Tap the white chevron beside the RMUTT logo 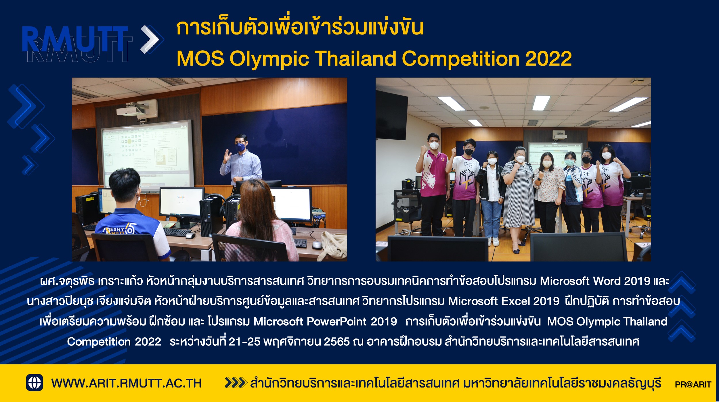tap(150, 39)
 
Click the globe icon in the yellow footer tap(35, 382)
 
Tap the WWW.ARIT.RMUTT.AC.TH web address tap(126, 383)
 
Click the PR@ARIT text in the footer tap(693, 384)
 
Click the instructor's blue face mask tap(240, 147)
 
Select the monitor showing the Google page tap(181, 202)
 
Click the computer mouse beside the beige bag tap(316, 245)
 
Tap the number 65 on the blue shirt tap(130, 229)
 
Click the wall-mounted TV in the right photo tap(391, 115)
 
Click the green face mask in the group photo tap(569, 162)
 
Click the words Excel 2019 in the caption tap(530, 301)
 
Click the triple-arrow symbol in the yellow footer tap(236, 383)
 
